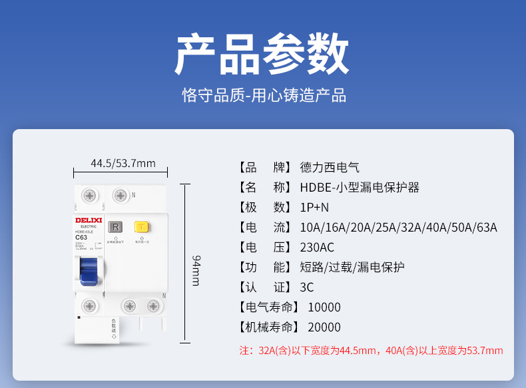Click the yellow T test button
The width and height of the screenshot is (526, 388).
pyautogui.click(x=140, y=227)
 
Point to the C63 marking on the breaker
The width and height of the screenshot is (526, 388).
pyautogui.click(x=82, y=237)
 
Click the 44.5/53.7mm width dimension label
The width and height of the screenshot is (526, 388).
pyautogui.click(x=123, y=163)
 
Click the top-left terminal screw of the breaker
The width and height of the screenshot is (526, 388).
pyautogui.click(x=89, y=196)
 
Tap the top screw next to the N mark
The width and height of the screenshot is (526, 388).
pyautogui.click(x=120, y=196)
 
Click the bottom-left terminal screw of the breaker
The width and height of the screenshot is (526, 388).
pyautogui.click(x=89, y=305)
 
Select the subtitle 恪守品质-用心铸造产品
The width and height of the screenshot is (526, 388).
pyautogui.click(x=264, y=95)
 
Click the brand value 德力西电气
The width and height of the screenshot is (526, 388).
pyautogui.click(x=330, y=167)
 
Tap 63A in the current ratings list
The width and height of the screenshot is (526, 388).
pyautogui.click(x=485, y=227)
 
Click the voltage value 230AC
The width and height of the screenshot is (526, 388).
pyautogui.click(x=317, y=247)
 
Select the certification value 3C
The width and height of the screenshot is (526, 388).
pyautogui.click(x=307, y=287)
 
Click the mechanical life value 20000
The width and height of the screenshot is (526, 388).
pyautogui.click(x=324, y=327)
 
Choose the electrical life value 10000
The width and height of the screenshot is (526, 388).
pyautogui.click(x=324, y=307)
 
